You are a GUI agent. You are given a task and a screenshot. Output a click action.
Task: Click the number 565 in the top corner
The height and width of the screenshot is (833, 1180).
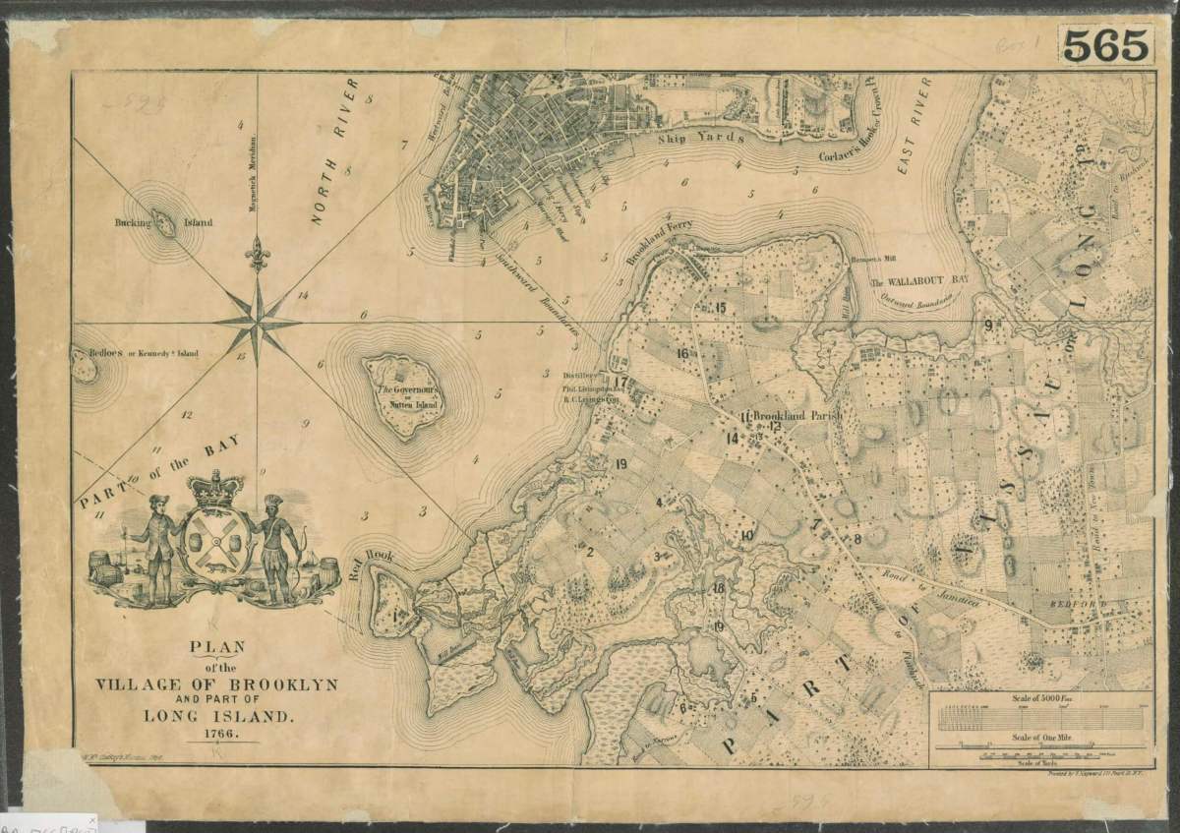1106,44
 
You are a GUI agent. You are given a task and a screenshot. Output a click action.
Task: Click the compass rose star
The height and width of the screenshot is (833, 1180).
257,322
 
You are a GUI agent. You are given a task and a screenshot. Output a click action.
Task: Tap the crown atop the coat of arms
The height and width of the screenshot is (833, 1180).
215,489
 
